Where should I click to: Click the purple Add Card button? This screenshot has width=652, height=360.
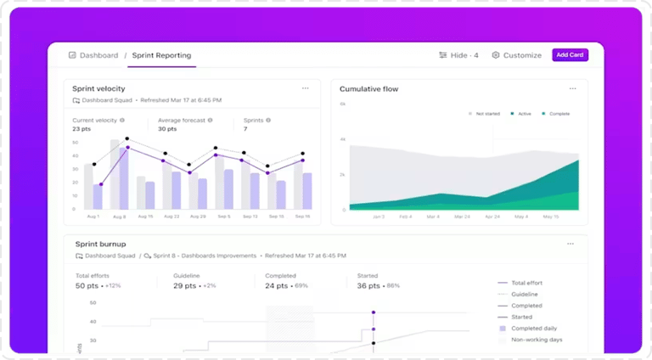click(570, 55)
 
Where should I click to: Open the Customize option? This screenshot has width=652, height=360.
click(517, 55)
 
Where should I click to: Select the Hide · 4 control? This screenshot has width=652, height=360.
click(459, 55)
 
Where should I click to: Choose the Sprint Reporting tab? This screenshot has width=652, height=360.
click(161, 55)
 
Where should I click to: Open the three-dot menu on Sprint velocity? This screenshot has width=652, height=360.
click(306, 88)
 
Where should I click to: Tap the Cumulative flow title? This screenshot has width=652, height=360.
click(368, 88)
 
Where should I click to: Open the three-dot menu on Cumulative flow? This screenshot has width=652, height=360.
click(572, 88)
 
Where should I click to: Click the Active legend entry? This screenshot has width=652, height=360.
click(521, 113)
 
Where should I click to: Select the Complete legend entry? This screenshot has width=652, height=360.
click(556, 113)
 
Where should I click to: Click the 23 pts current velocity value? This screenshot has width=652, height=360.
click(81, 129)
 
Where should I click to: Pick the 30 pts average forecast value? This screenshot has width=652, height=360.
click(167, 129)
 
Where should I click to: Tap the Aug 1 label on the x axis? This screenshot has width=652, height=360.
click(93, 217)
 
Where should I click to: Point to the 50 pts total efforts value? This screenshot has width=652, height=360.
click(87, 286)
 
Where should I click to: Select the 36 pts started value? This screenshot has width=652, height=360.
click(368, 286)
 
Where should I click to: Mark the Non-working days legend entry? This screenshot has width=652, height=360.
click(537, 340)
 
